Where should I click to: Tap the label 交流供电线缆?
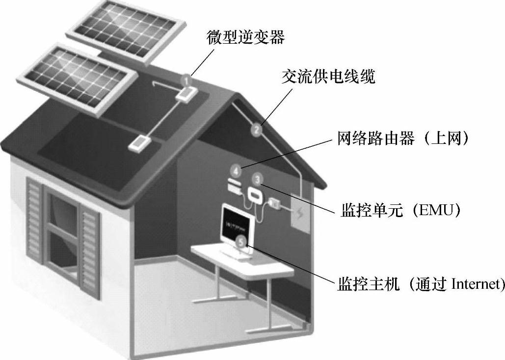tap(328, 77)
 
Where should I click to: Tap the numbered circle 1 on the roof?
tap(186, 79)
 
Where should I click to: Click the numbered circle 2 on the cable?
tap(257, 130)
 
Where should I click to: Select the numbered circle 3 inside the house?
tap(260, 179)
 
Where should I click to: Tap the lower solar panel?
tap(78, 76)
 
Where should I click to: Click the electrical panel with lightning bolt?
tap(300, 213)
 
